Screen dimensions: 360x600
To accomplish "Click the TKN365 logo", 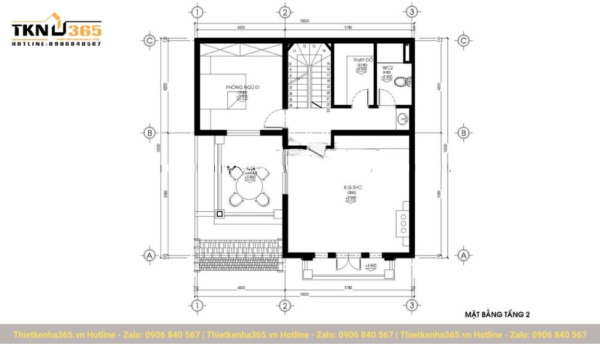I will pyautogui.click(x=57, y=30).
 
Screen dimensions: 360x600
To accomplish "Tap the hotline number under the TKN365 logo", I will pyautogui.click(x=57, y=44).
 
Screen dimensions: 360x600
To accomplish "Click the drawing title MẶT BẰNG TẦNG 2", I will pyautogui.click(x=497, y=314).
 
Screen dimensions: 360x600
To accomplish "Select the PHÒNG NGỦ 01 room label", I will pyautogui.click(x=242, y=88).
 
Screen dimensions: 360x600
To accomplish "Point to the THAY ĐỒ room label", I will pyautogui.click(x=363, y=61).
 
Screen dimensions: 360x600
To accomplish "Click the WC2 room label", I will pyautogui.click(x=387, y=68).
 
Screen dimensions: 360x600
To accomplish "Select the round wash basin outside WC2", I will pyautogui.click(x=402, y=119).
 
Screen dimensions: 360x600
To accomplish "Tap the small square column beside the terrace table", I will pyautogui.click(x=220, y=213).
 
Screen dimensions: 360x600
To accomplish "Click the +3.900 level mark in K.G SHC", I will pyautogui.click(x=352, y=198).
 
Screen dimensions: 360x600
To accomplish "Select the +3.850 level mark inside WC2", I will pyautogui.click(x=388, y=77).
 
